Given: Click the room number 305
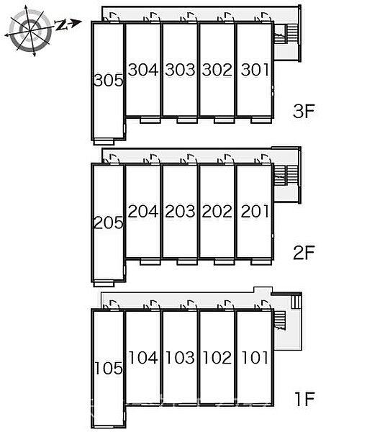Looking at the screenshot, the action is (109, 81).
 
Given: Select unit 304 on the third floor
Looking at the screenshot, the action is (143, 70).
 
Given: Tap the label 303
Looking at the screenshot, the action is (180, 70).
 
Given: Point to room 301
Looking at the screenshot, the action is (255, 70).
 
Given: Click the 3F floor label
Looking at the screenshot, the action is (304, 111).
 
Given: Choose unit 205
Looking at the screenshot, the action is (109, 222).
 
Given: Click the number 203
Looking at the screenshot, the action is (180, 211).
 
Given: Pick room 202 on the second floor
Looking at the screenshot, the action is (217, 211).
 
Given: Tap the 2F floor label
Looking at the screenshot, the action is (304, 253).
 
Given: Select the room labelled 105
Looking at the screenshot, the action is (109, 369).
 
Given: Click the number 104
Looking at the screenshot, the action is (143, 358).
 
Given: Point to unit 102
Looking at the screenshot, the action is (217, 358).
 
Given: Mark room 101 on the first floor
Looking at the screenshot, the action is (255, 358).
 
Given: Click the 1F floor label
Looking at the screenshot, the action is (304, 399).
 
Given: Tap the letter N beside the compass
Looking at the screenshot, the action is (61, 25).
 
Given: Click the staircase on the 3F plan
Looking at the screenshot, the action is (286, 34).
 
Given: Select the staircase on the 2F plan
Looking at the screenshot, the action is (286, 175).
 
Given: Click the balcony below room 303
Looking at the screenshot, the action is (187, 120).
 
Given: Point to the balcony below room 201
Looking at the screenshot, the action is (261, 262).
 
